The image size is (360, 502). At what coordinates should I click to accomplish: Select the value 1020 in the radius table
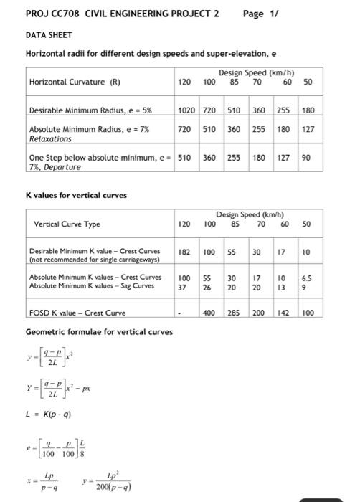[x=186, y=110]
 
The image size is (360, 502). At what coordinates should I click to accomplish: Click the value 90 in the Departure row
[x=307, y=156]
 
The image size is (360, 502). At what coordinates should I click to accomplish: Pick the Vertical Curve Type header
[x=67, y=224]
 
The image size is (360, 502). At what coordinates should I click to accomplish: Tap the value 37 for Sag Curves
[x=183, y=286]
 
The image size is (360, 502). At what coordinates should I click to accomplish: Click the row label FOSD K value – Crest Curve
[x=77, y=313]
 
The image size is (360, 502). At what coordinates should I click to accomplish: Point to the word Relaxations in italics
[x=48, y=140]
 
